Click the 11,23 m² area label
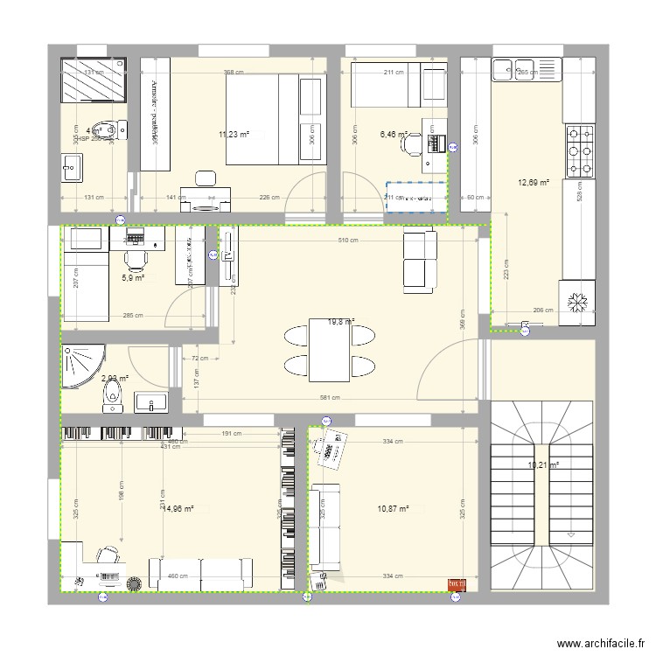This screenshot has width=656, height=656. point(234,135)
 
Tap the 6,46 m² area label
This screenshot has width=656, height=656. point(394,135)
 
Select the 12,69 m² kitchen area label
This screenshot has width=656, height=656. point(533,183)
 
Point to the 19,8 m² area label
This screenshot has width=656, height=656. point(340,322)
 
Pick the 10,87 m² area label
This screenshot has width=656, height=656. point(393,509)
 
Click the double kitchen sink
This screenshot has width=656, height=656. point(526,68)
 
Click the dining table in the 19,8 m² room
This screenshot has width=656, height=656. point(331,350)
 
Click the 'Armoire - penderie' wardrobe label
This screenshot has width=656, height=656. point(153,110)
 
